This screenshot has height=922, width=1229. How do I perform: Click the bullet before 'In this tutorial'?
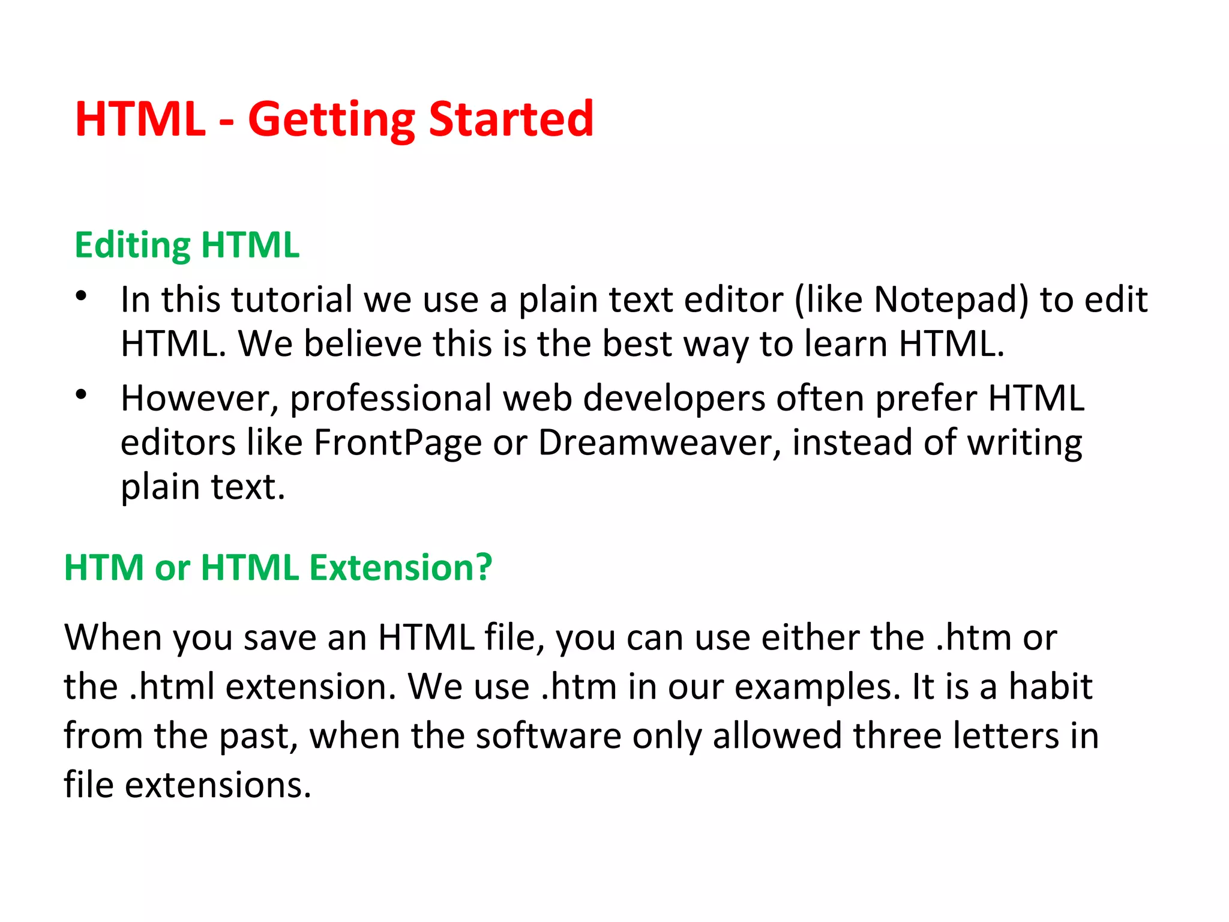pos(82,296)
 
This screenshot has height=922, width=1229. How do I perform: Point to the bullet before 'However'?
pos(82,394)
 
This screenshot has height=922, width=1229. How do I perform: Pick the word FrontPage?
pos(397,442)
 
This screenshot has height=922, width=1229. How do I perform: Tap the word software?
pos(548,736)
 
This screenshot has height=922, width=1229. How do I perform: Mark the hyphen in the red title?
pos(226,122)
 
